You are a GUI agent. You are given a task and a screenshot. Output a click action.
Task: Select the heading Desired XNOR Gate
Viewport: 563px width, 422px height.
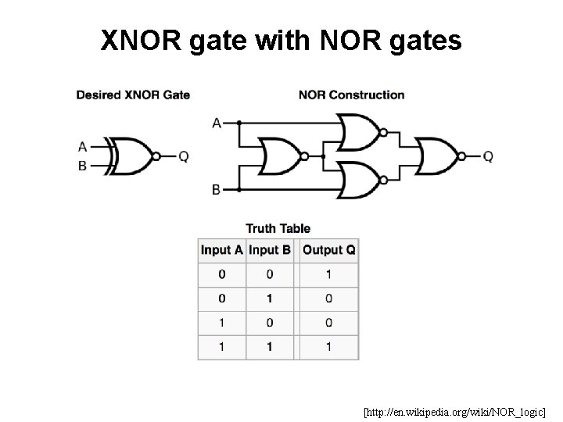133,95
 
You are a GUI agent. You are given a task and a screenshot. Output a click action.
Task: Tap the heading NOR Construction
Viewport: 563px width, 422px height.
351,95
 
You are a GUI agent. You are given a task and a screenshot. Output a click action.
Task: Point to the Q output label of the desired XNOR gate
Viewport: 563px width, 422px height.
184,156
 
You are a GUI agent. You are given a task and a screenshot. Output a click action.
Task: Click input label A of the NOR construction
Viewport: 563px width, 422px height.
216,123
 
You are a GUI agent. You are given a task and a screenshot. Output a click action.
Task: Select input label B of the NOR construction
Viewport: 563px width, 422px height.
216,190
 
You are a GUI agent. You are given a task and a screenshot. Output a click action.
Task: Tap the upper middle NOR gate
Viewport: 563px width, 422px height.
357,131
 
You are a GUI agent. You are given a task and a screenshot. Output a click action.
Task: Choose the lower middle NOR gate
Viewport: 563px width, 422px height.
357,181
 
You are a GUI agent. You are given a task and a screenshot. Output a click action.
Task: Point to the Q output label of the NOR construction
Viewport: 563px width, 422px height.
488,156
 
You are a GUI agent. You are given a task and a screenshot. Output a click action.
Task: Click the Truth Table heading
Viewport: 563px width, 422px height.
278,228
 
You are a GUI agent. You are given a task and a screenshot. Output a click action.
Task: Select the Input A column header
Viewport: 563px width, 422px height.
222,250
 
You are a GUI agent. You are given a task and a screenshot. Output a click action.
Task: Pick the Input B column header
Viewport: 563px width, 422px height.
270,250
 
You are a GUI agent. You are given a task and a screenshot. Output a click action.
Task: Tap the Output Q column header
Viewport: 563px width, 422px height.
328,250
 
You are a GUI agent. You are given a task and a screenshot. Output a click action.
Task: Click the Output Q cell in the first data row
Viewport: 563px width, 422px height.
328,274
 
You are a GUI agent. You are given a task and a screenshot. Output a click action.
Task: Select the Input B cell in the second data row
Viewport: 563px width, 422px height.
270,299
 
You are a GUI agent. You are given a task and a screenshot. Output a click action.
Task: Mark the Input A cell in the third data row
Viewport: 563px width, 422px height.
222,322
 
